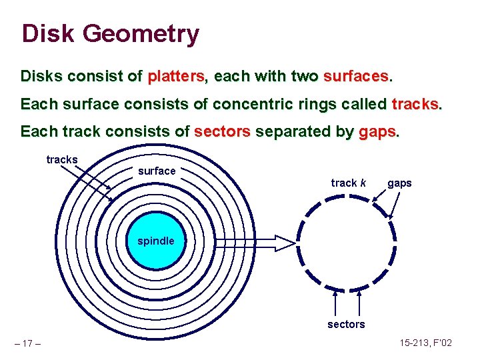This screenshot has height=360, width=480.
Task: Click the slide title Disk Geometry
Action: pyautogui.click(x=110, y=33)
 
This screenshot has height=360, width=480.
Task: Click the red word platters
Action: pyautogui.click(x=176, y=77)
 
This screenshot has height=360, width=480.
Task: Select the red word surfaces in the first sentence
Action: pyautogui.click(x=356, y=77)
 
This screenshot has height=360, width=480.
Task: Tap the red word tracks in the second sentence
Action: pyautogui.click(x=415, y=105)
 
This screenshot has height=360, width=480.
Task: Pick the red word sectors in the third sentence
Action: pyautogui.click(x=222, y=132)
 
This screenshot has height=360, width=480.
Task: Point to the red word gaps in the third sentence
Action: pyautogui.click(x=377, y=132)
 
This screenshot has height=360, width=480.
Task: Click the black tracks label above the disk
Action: pyautogui.click(x=62, y=160)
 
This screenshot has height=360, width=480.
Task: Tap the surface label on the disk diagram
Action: pyautogui.click(x=157, y=171)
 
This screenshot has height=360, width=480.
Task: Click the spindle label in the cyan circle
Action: pyautogui.click(x=155, y=241)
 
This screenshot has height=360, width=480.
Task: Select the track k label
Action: pyautogui.click(x=349, y=183)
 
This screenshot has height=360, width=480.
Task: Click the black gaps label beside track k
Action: pyautogui.click(x=399, y=183)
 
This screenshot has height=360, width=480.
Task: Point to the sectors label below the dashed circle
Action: pyautogui.click(x=346, y=324)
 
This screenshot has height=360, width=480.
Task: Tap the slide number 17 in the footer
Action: pyautogui.click(x=27, y=343)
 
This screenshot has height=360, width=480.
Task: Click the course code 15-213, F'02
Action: pyautogui.click(x=427, y=343)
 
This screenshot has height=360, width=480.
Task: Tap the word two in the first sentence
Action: pyautogui.click(x=305, y=77)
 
